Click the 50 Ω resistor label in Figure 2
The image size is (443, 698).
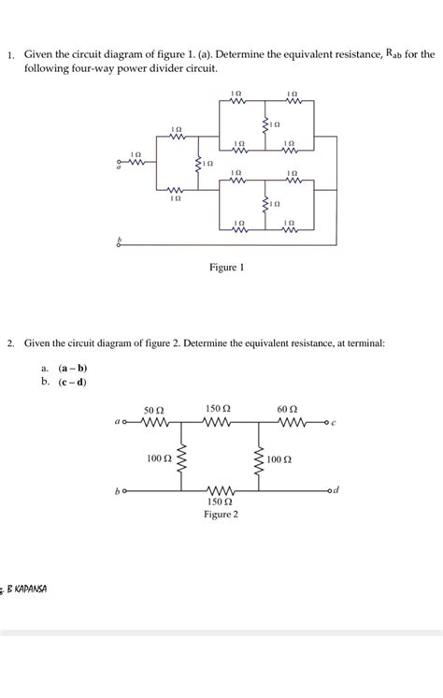(154, 410)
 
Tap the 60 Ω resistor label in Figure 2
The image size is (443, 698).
(287, 410)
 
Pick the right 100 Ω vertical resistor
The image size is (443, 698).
(258, 458)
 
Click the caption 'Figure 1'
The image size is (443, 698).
(226, 268)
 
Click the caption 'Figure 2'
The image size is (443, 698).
(221, 515)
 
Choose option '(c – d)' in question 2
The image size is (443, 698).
(72, 382)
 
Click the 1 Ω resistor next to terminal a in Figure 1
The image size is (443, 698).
(136, 160)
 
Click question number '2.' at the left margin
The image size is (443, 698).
(10, 344)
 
